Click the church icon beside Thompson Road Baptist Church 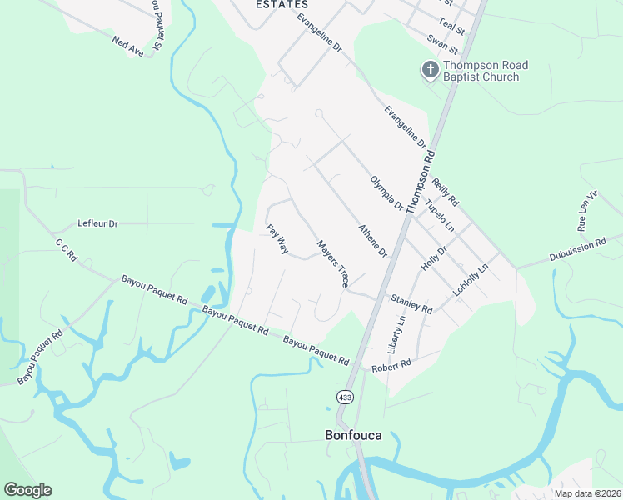(x=431, y=70)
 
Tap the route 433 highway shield (x=344, y=397)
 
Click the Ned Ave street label (x=128, y=45)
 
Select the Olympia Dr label (x=386, y=193)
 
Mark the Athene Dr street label (x=373, y=240)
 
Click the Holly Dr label (x=434, y=256)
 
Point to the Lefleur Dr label (x=98, y=223)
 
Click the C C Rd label (x=66, y=252)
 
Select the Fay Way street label (x=277, y=239)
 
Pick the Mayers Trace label (x=332, y=264)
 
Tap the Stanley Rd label (x=411, y=303)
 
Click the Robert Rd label (x=391, y=365)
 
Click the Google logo (x=28, y=489)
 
